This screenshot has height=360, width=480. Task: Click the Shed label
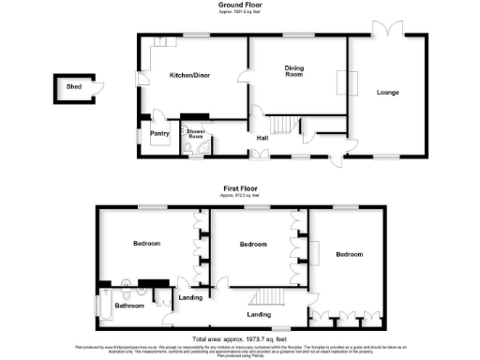click(x=72, y=87)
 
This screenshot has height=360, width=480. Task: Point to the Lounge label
click(x=389, y=92)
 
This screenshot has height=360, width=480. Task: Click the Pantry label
click(x=158, y=134)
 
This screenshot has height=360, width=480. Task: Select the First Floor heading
click(x=240, y=187)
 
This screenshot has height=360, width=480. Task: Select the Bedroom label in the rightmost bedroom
click(x=350, y=254)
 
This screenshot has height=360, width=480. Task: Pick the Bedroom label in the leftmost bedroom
click(x=146, y=244)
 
